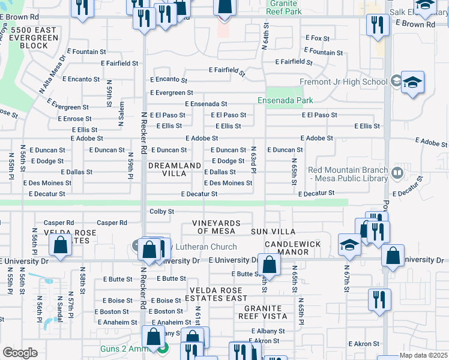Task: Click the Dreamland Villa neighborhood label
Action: click(x=182, y=169)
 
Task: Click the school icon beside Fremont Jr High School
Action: click(x=413, y=83)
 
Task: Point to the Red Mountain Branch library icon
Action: click(x=397, y=173)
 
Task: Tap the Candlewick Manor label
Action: click(x=292, y=248)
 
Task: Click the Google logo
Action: click(x=20, y=353)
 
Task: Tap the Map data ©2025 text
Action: click(x=423, y=356)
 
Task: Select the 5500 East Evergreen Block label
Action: click(x=37, y=37)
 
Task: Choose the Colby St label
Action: click(x=161, y=211)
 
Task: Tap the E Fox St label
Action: click(x=318, y=38)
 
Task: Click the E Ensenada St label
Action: click(x=206, y=104)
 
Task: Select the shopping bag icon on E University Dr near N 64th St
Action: click(x=270, y=265)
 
